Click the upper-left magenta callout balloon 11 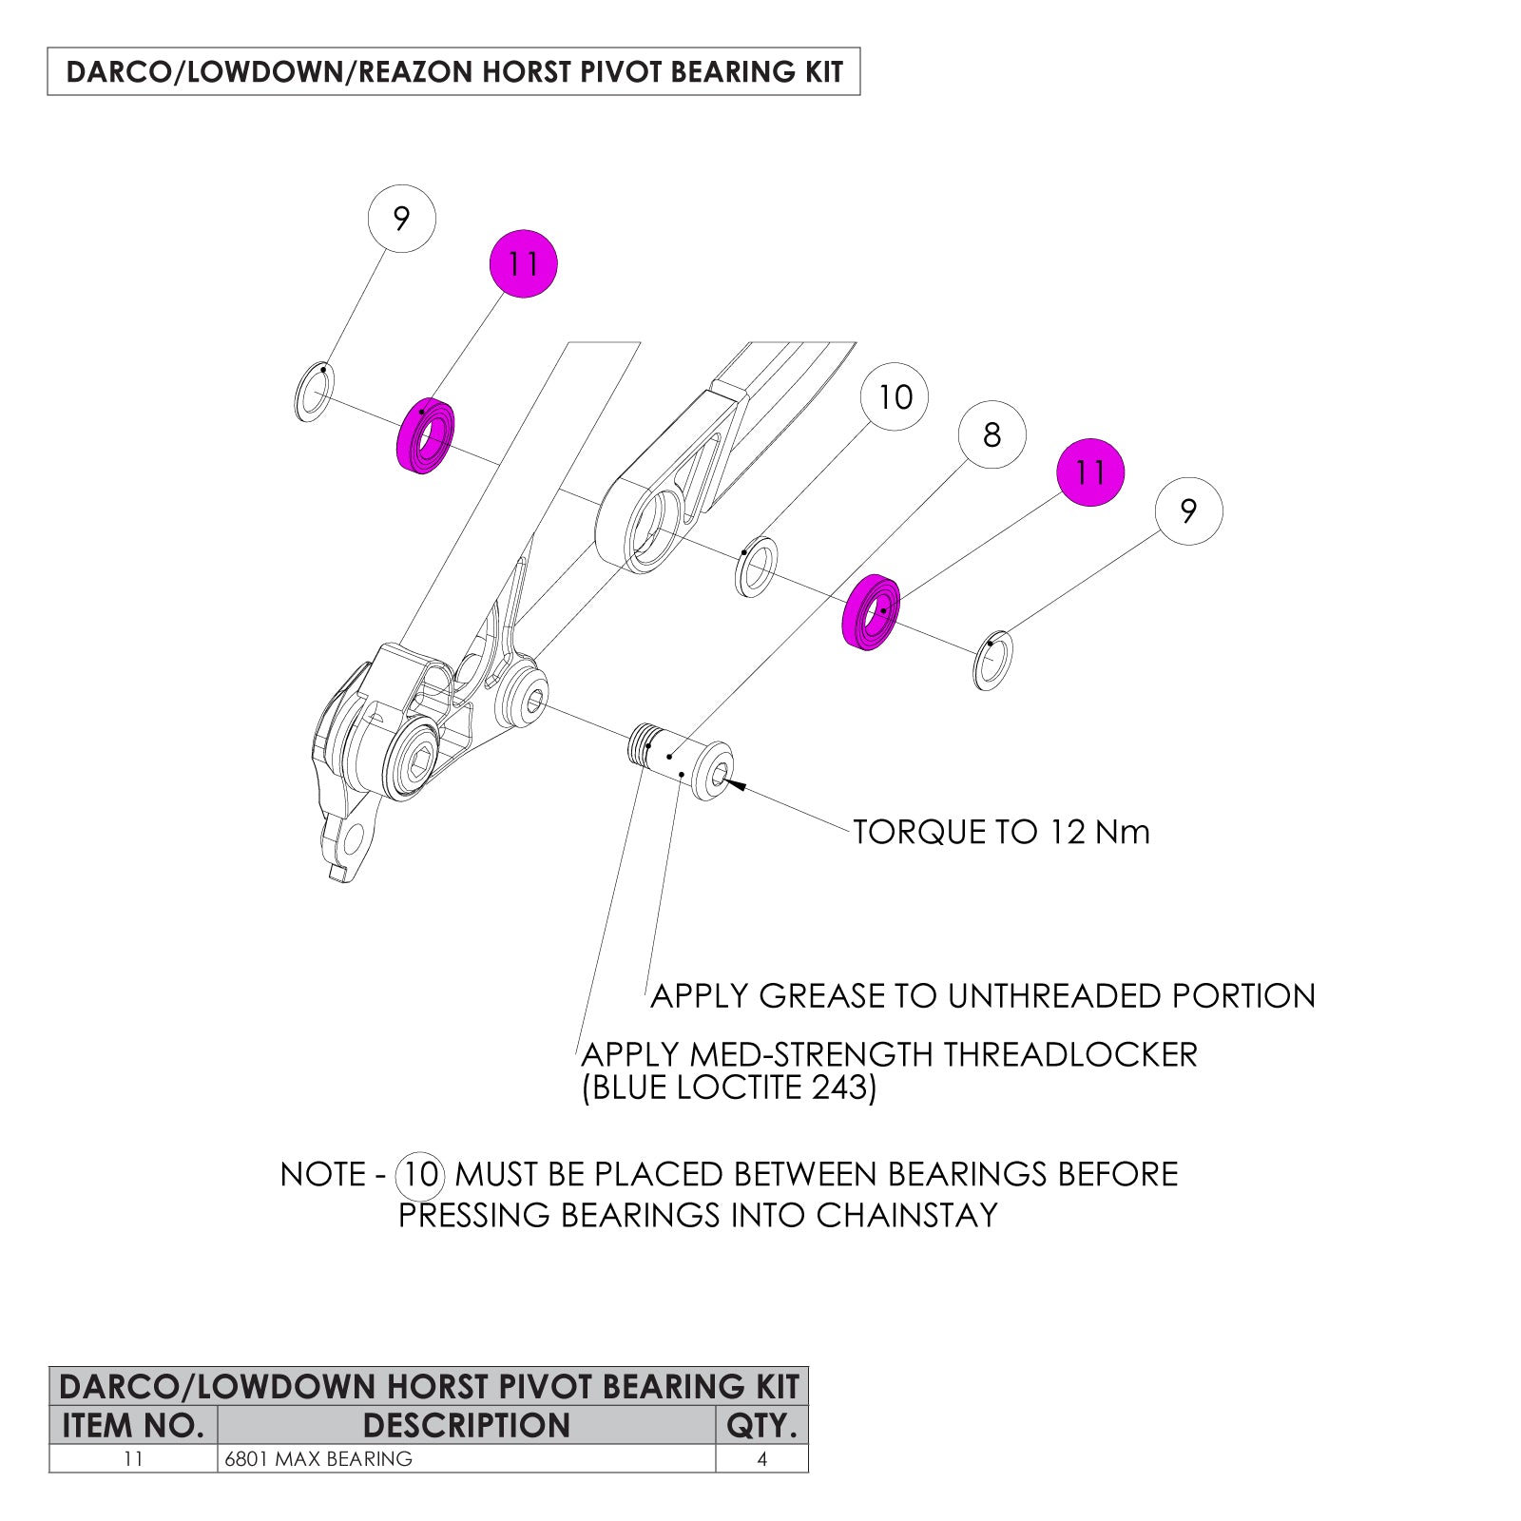point(523,263)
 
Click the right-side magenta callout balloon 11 point(1090,472)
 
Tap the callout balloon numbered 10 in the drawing point(895,396)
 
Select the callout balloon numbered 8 point(992,434)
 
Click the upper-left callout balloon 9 point(401,219)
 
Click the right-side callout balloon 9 point(1188,511)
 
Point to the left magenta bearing point(424,436)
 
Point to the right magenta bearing point(871,613)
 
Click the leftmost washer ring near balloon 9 point(314,392)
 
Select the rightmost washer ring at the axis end point(992,660)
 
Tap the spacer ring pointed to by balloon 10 point(757,568)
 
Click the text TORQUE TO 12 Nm point(1001,832)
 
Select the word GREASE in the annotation point(822,996)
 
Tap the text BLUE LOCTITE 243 point(729,1088)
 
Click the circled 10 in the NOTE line point(419,1175)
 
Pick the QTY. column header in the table point(760,1425)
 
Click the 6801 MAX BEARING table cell point(319,1458)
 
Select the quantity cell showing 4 point(760,1458)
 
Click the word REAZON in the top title point(415,72)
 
